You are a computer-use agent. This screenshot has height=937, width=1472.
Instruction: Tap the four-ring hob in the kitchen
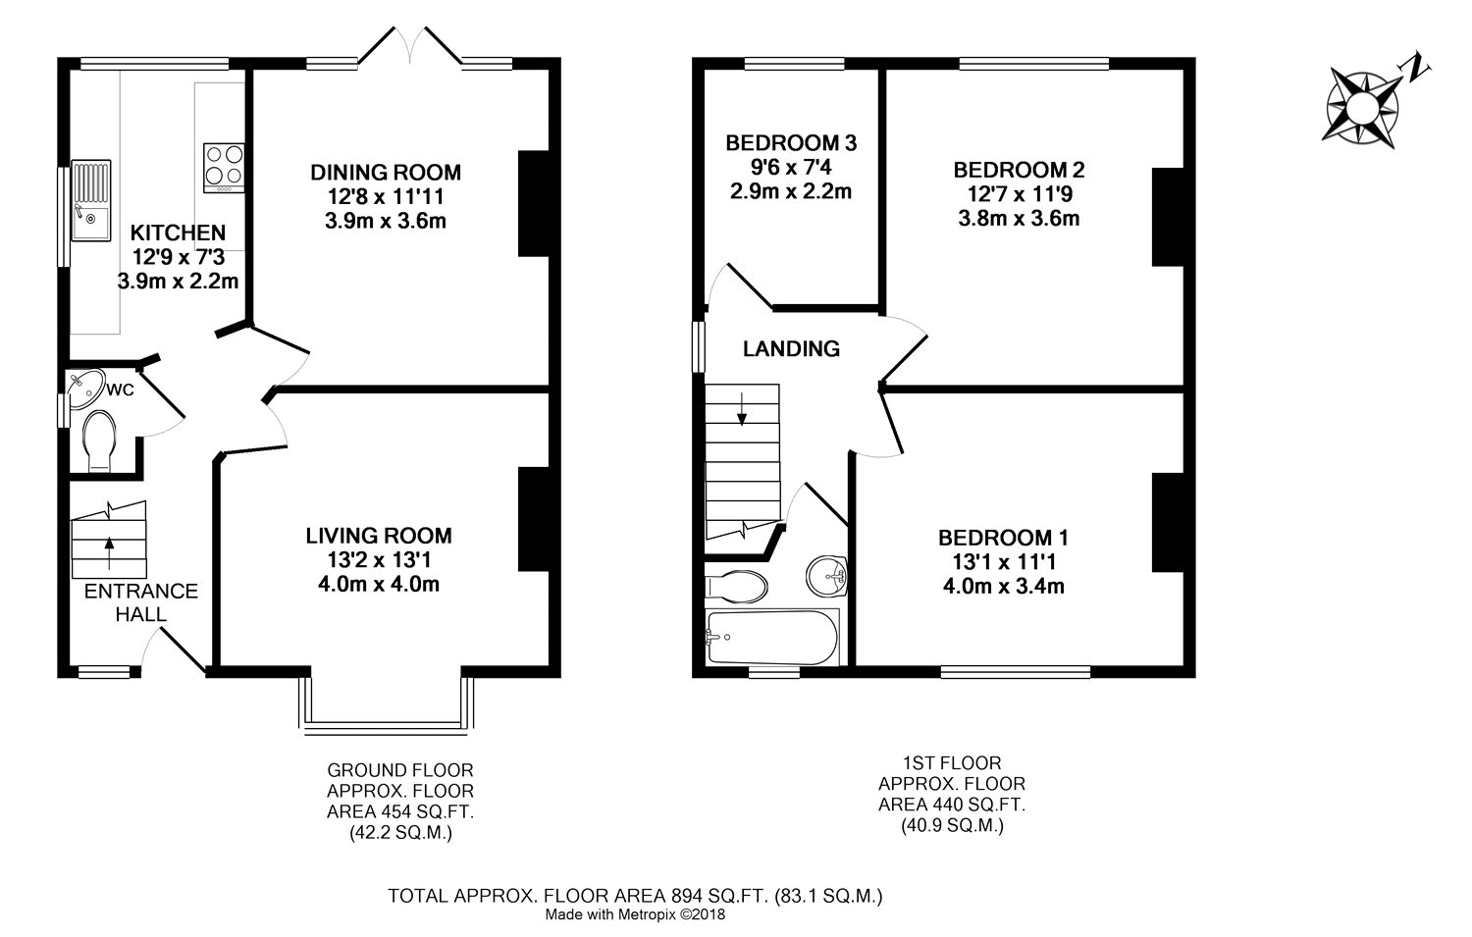pos(224,168)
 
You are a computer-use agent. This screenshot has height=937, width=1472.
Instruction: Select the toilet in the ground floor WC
pos(100,441)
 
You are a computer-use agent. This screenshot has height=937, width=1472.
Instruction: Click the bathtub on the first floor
pos(771,637)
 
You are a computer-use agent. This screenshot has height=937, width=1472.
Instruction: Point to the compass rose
pos(1363,106)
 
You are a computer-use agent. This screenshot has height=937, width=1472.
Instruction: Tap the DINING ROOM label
pos(386,172)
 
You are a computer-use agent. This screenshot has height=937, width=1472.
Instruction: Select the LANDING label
pos(791,349)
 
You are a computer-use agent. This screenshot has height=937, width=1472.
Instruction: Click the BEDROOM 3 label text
pos(791,142)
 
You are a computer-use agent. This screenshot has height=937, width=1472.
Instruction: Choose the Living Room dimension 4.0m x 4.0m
pos(379,584)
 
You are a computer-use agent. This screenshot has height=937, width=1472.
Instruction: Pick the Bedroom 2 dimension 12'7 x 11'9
pos(1020,194)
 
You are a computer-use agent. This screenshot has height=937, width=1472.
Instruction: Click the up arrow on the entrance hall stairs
pos(109,551)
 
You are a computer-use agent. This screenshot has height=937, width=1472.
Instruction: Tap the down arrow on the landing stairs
pos(742,409)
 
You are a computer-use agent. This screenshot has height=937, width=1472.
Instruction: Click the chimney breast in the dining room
pos(534,203)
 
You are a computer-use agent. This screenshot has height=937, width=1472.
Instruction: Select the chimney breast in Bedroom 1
pos(1168,522)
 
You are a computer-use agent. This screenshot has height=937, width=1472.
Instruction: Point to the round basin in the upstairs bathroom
pos(826,577)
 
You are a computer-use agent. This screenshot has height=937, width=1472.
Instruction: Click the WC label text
pos(121,390)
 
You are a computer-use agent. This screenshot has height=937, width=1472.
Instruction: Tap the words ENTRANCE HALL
pos(141,602)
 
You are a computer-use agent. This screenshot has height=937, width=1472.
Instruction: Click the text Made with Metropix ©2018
pos(635,914)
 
